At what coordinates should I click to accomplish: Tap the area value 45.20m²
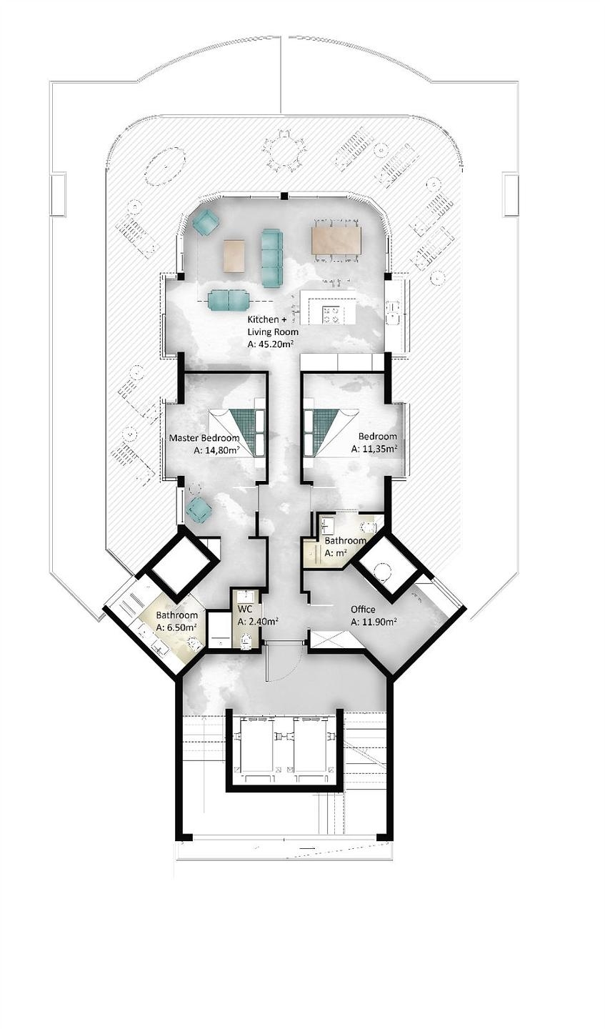pyautogui.click(x=276, y=344)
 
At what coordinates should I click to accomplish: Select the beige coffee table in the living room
pyautogui.click(x=234, y=256)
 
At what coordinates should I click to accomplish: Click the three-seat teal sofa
pyautogui.click(x=271, y=258)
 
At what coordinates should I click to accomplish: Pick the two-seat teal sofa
pyautogui.click(x=229, y=300)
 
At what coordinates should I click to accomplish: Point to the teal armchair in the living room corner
pyautogui.click(x=206, y=222)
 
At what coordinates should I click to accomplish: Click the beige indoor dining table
pyautogui.click(x=336, y=240)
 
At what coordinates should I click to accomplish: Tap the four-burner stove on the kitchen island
pyautogui.click(x=331, y=314)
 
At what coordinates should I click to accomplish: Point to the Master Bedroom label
pyautogui.click(x=204, y=437)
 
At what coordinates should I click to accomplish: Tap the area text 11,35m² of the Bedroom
pyautogui.click(x=374, y=449)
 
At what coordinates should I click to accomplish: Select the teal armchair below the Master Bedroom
pyautogui.click(x=199, y=510)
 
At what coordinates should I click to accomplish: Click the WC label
pyautogui.click(x=244, y=610)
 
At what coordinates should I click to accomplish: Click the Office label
pyautogui.click(x=363, y=610)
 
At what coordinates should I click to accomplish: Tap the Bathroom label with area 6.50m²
pyautogui.click(x=176, y=615)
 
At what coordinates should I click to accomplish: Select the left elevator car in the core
pyautogui.click(x=257, y=745)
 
